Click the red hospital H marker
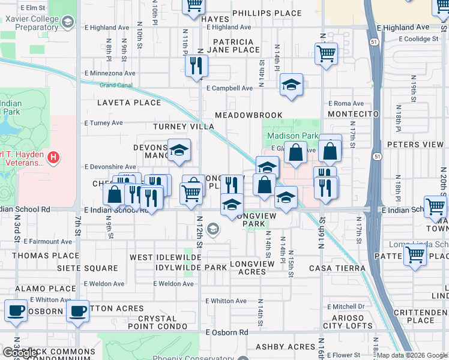coord(53,158)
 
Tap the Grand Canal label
coord(115,84)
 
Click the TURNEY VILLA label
coord(183,127)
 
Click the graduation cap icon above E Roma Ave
coord(291,85)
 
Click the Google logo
coord(20,353)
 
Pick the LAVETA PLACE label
coord(129,103)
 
